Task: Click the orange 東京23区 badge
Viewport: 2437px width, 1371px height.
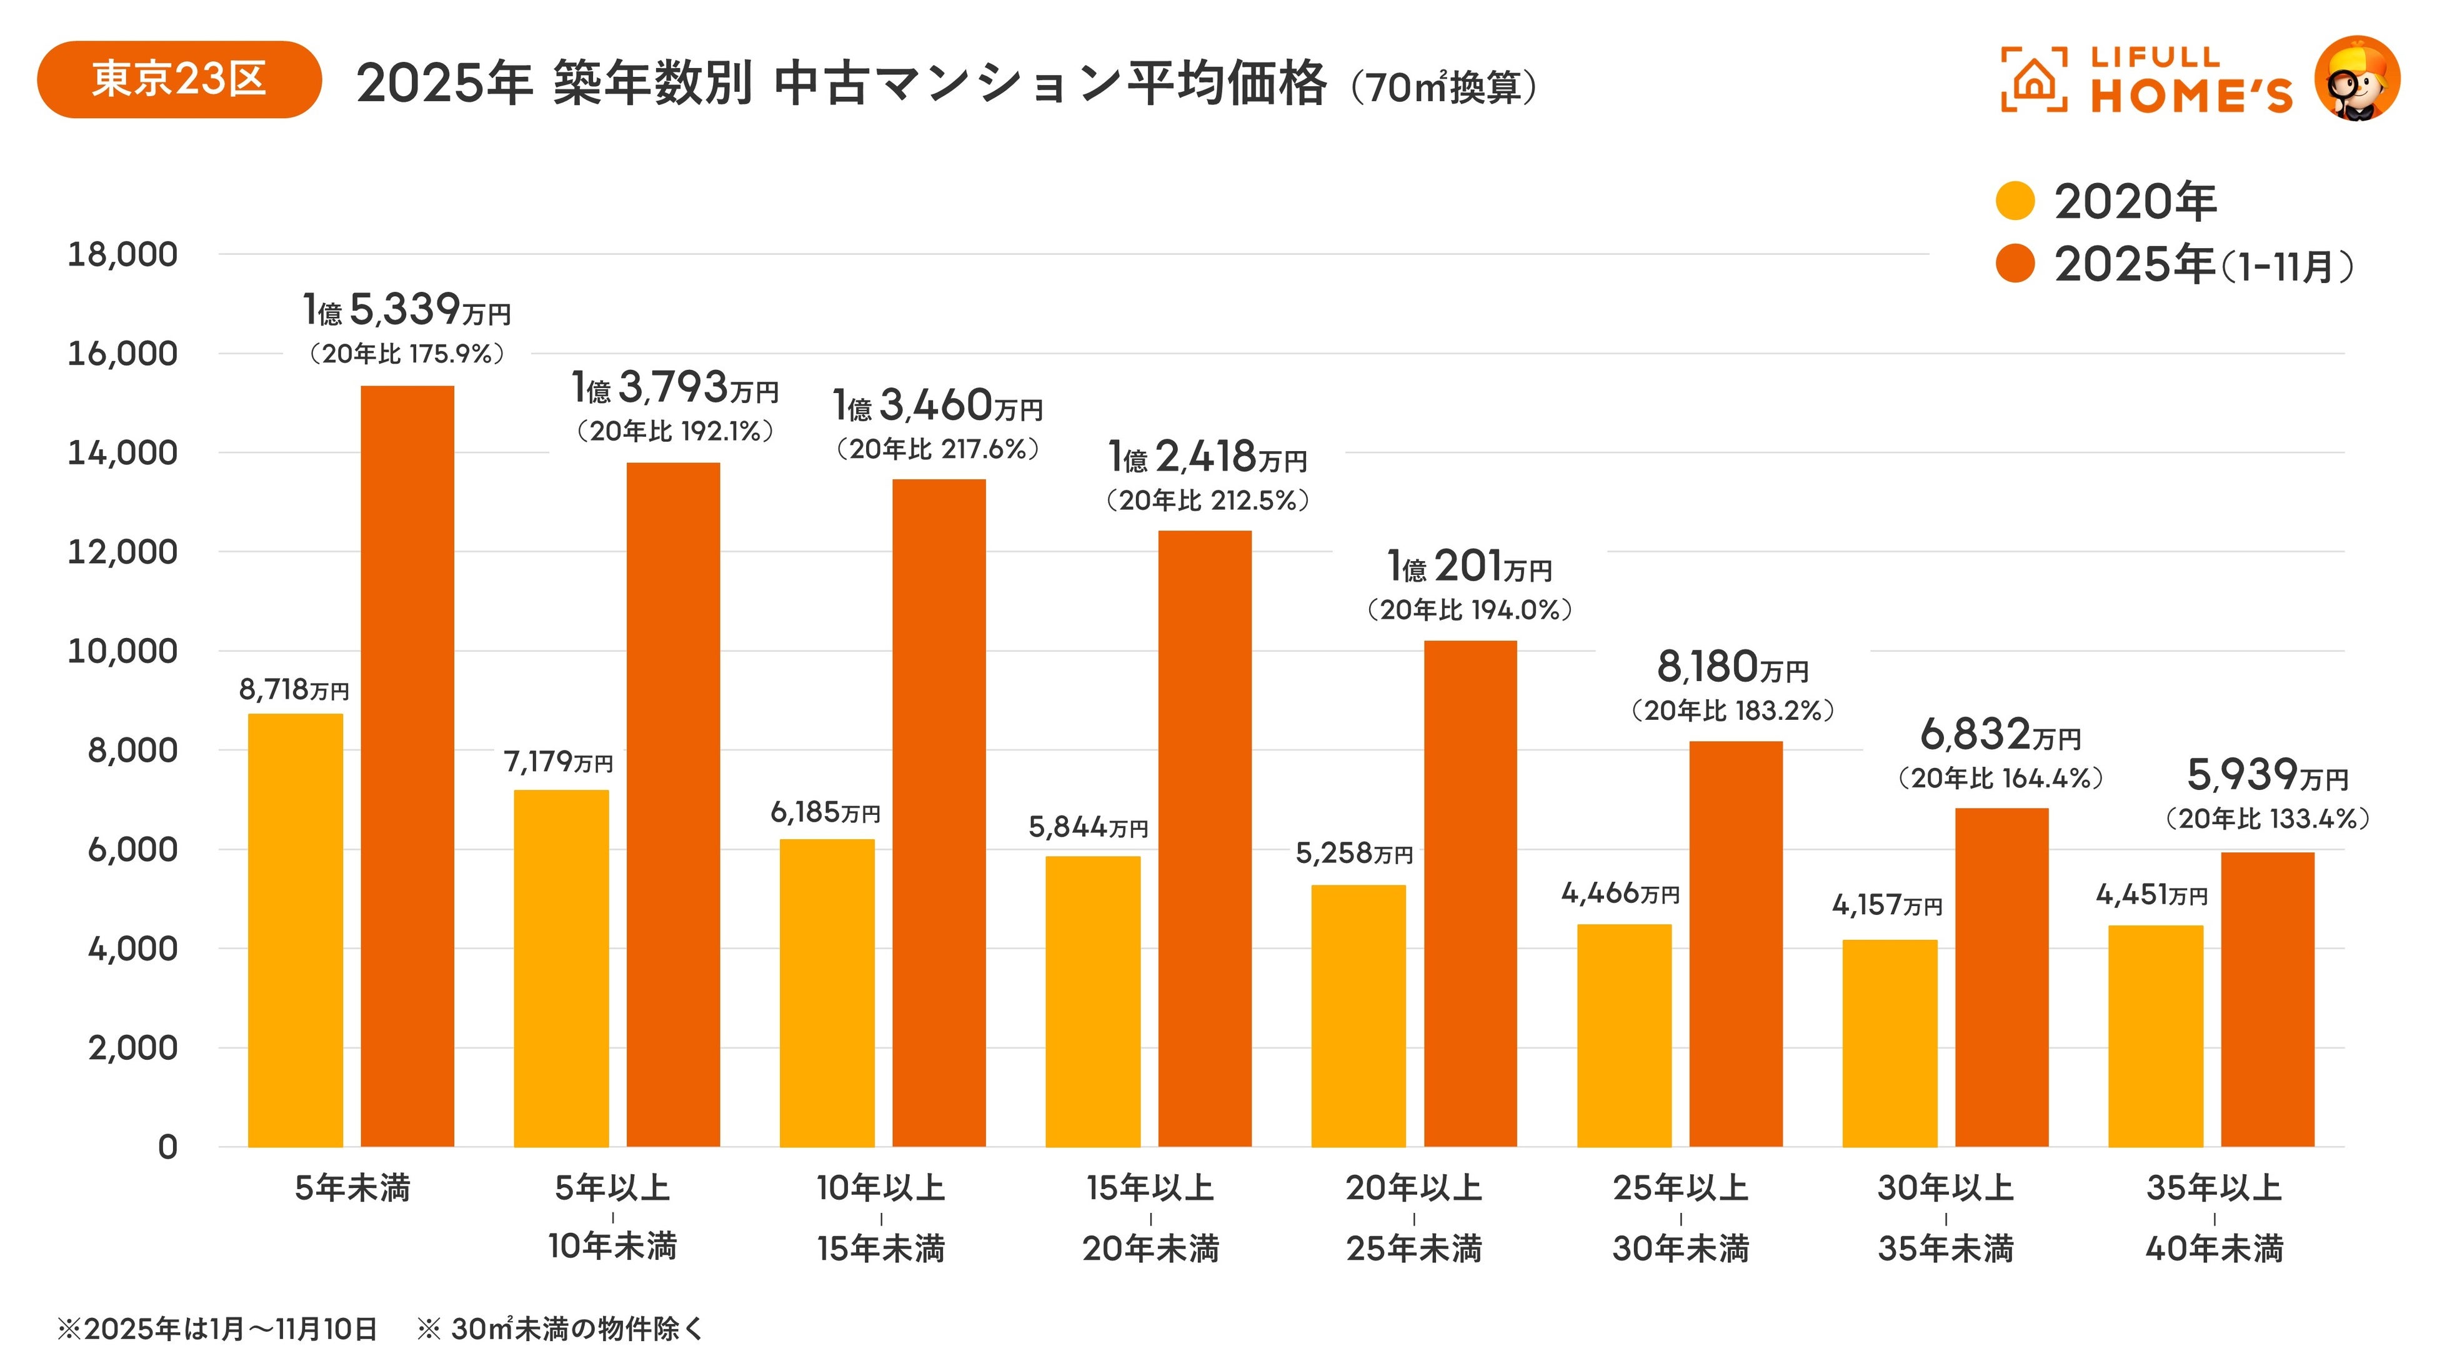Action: click(x=179, y=79)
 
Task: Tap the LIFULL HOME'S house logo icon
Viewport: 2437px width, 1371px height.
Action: click(x=2034, y=79)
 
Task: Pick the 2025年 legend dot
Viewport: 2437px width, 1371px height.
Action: click(x=2015, y=264)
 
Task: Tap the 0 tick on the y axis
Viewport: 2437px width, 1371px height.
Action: click(x=167, y=1147)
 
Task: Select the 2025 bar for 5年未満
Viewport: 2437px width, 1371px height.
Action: click(x=408, y=766)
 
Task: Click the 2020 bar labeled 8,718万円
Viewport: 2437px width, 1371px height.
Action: click(x=295, y=930)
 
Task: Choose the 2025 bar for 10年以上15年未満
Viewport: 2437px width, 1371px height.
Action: click(x=939, y=813)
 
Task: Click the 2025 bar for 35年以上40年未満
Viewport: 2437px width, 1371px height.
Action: click(x=2268, y=999)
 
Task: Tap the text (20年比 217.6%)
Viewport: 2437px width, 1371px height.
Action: click(x=937, y=449)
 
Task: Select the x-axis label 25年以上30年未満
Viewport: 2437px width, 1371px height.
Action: click(x=1681, y=1218)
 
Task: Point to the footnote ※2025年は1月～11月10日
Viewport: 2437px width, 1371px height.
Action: click(x=217, y=1329)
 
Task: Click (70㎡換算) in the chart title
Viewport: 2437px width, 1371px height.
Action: click(x=1443, y=87)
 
